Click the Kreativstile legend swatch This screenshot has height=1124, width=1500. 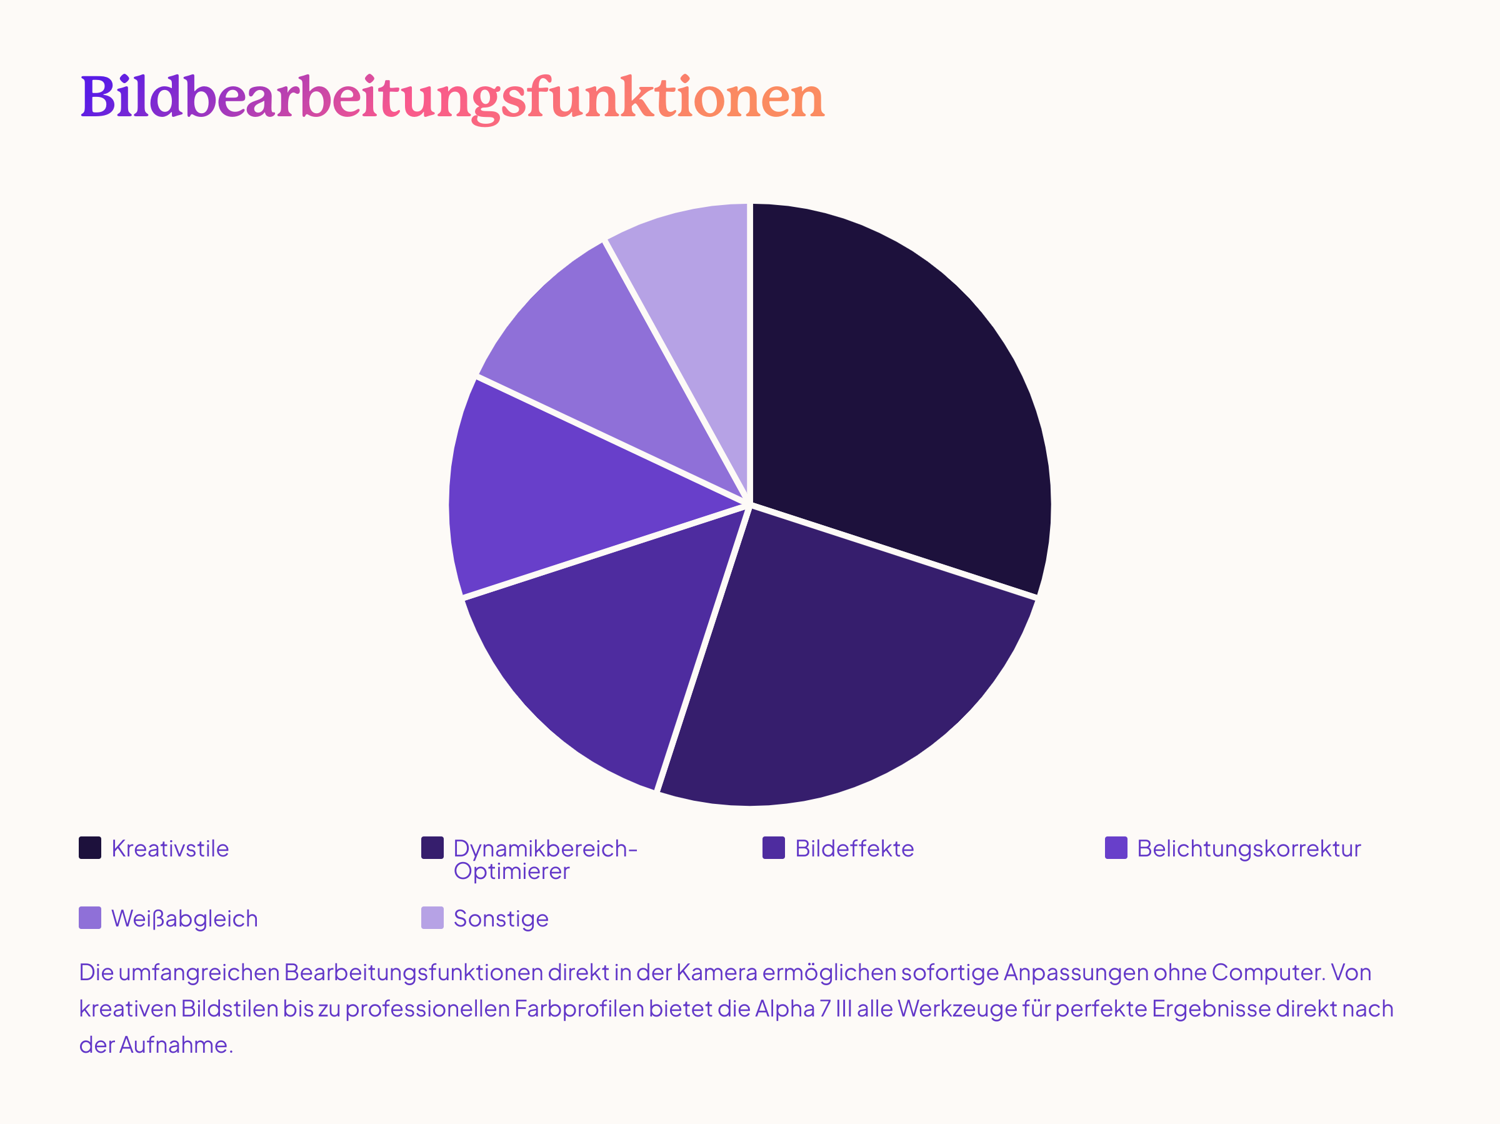point(90,848)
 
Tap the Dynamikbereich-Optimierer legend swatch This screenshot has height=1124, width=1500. point(432,848)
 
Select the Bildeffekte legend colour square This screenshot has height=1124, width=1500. point(774,848)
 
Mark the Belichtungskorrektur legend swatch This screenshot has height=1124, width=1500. point(1116,848)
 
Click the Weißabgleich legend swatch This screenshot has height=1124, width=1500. point(90,918)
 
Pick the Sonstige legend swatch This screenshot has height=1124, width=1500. point(432,918)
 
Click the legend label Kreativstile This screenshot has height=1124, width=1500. point(170,848)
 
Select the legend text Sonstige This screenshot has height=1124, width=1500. point(501,918)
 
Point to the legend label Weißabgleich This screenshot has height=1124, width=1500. point(184,918)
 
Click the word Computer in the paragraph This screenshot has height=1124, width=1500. point(1267,973)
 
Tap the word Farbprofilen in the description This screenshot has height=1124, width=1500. point(579,1009)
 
